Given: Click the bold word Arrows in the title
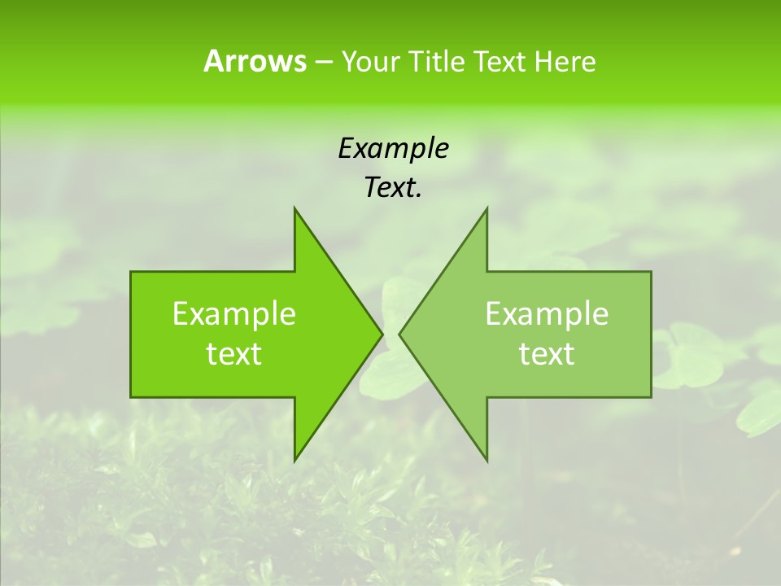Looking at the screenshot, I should pos(255,61).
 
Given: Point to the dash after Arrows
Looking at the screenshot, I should pos(323,62).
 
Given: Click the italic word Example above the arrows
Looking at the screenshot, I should pos(393,149).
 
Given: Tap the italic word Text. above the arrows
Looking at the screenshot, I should pos(393,188).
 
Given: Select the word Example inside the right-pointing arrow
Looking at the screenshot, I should pos(234,314).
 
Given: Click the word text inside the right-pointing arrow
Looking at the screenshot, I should pos(234,354).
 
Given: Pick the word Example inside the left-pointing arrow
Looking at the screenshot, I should pos(547,314).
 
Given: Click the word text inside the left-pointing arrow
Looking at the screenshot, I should pos(547,354).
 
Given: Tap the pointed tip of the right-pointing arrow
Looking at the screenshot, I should pos(382,334).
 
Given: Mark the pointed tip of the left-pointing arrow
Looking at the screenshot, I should pos(399,334).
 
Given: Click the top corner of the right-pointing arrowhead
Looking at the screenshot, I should pos(295,208).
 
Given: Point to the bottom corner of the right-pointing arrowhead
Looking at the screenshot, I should pos(295,461).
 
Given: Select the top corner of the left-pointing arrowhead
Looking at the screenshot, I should pos(486,208).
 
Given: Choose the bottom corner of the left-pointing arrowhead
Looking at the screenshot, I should pos(486,461).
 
